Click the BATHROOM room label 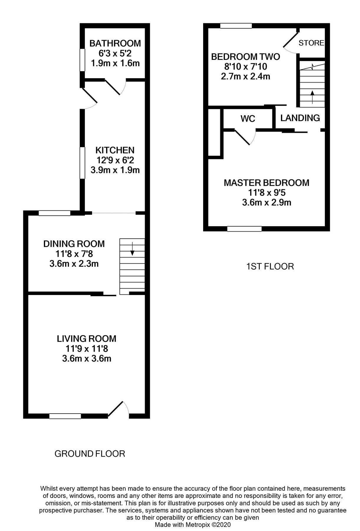click(115, 43)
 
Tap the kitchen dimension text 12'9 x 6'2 click(115, 160)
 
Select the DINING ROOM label click(74, 244)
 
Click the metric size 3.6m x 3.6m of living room click(86, 359)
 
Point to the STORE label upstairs click(311, 43)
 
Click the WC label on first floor click(248, 119)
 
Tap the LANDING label click(300, 118)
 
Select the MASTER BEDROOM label click(267, 183)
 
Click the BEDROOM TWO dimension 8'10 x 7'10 click(245, 66)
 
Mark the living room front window click(65, 416)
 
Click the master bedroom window click(244, 229)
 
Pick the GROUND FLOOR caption click(90, 453)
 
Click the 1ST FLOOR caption click(270, 267)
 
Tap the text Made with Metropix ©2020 click(193, 525)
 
